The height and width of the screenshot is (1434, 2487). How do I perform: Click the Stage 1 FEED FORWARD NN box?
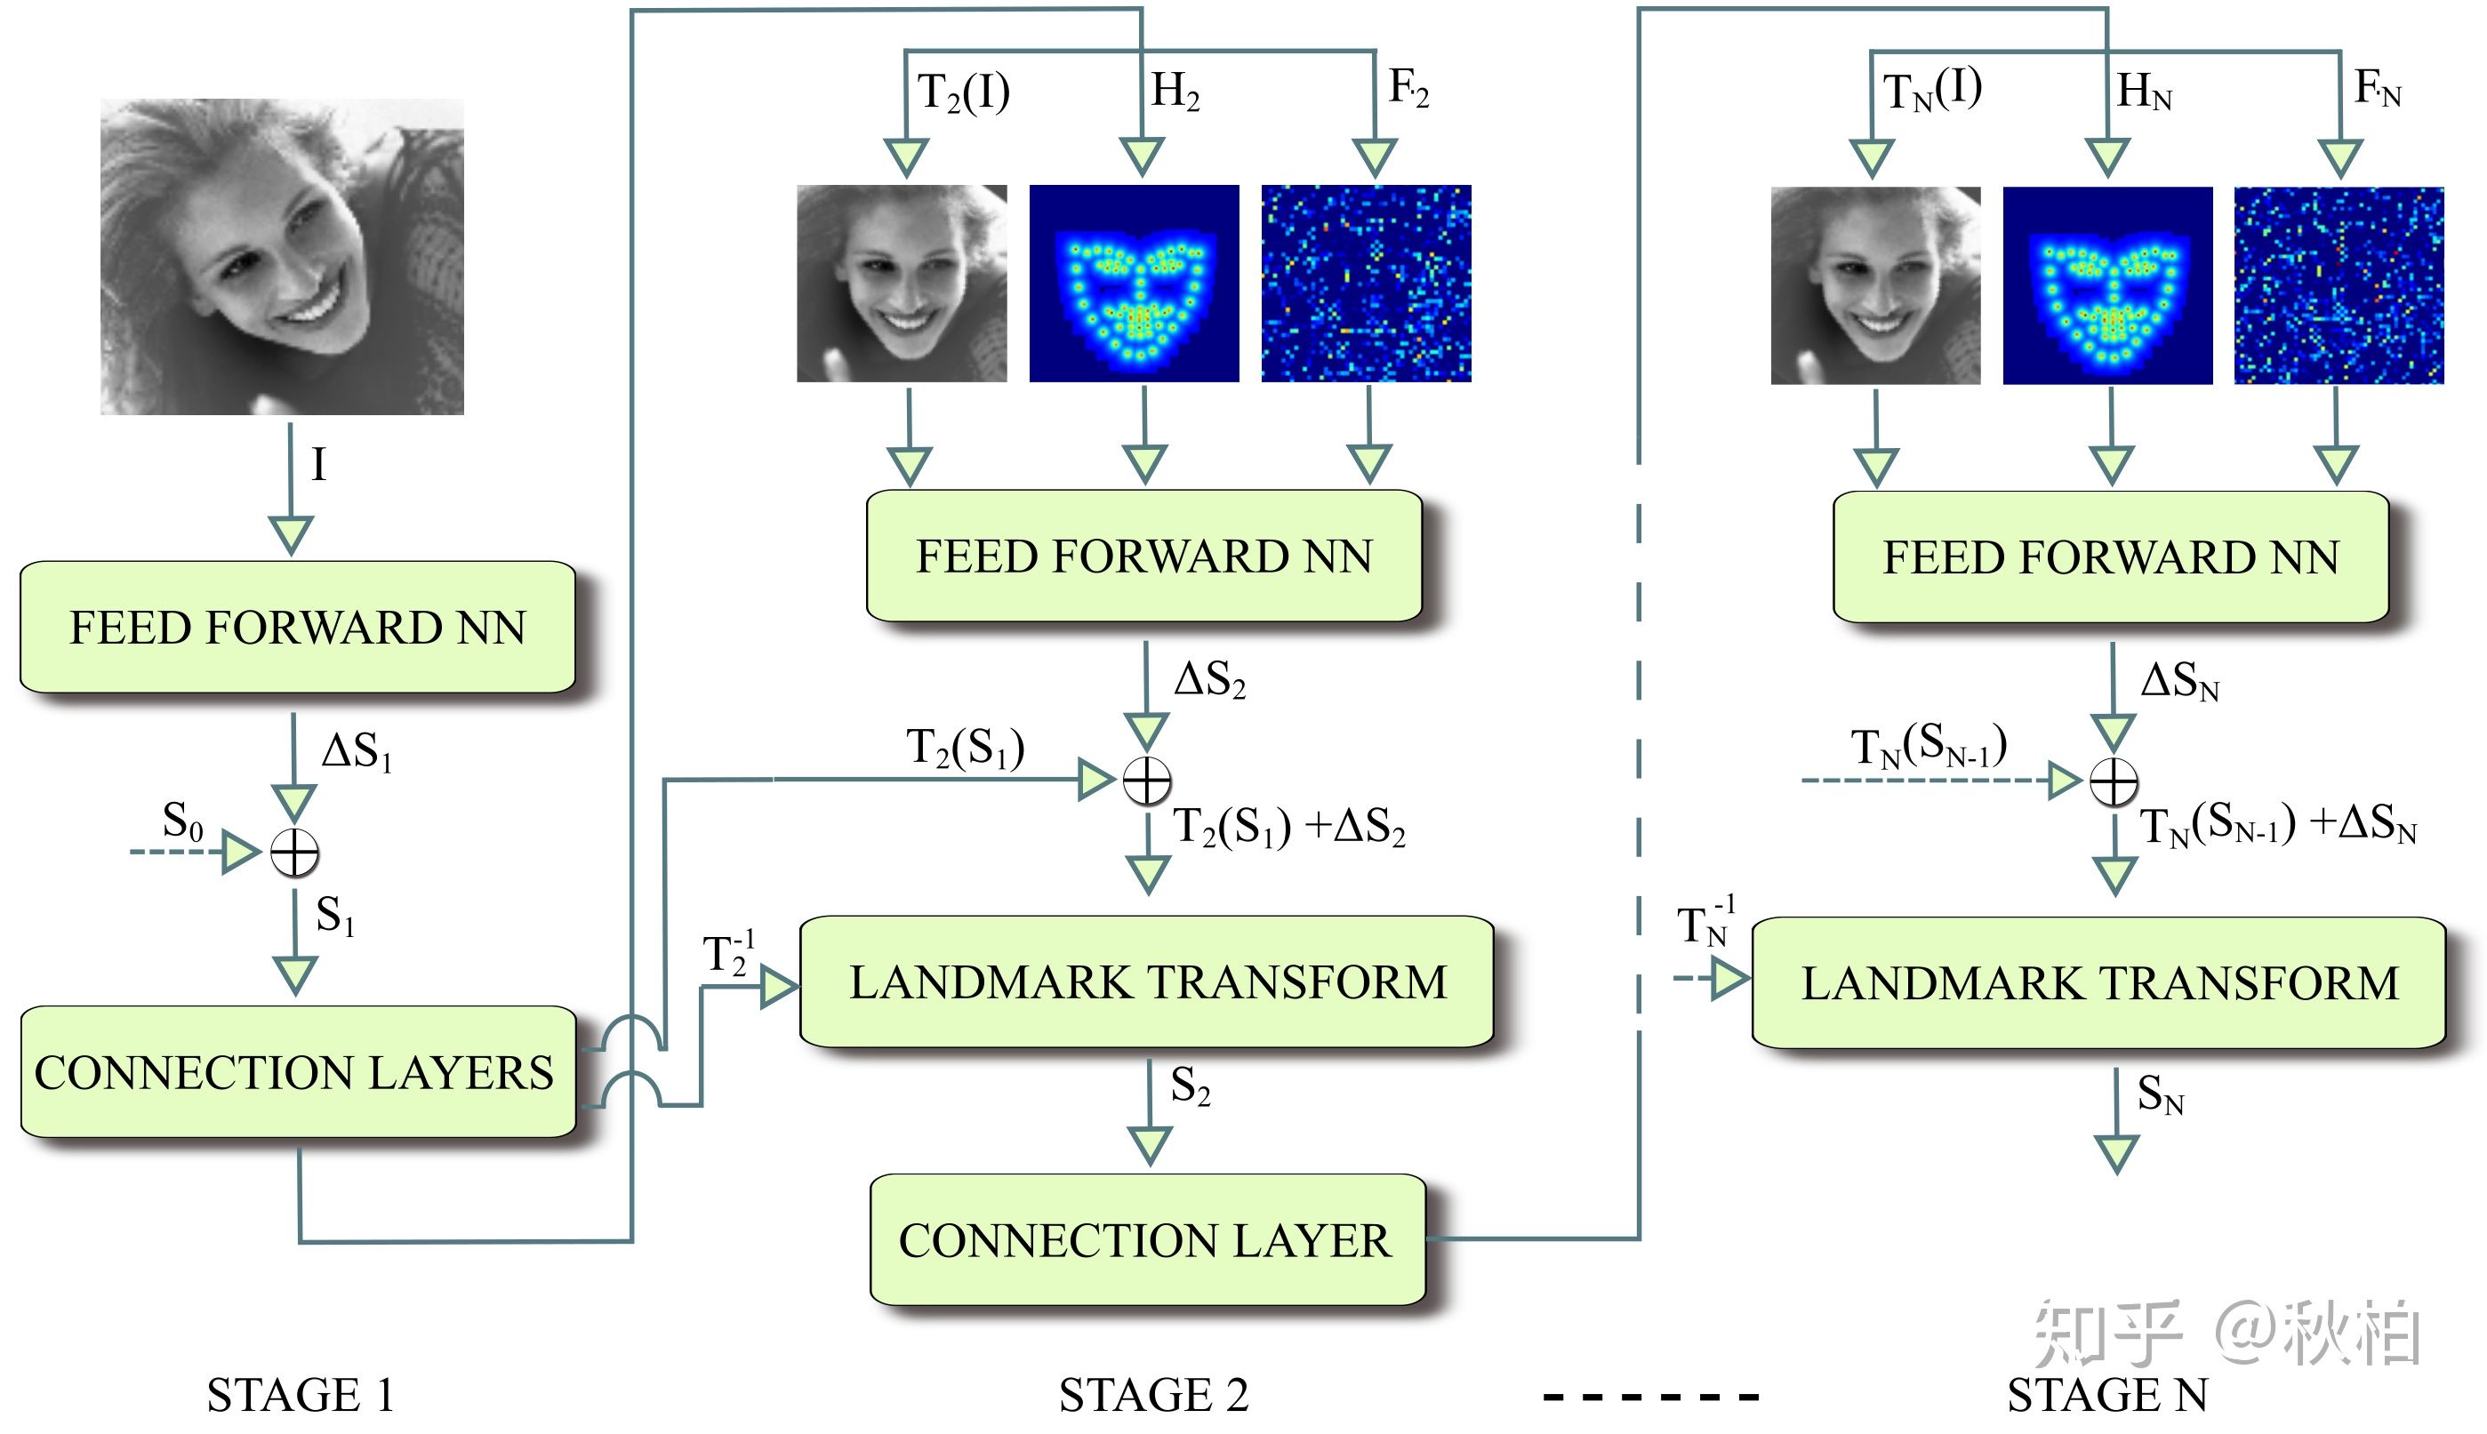298,628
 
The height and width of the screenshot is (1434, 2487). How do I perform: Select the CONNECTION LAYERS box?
298,1071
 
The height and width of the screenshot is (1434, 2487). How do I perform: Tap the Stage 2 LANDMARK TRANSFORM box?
1146,982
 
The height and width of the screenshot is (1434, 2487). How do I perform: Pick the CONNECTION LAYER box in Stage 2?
1146,1240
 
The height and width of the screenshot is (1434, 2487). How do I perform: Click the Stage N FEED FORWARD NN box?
2110,557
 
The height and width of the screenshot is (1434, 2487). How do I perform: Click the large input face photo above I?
282,256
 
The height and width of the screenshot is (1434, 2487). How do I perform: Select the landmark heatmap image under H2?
1134,284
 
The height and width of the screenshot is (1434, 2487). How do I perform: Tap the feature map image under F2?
1366,284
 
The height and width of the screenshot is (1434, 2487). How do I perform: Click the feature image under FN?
2339,285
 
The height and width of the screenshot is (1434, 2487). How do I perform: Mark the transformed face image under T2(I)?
902,284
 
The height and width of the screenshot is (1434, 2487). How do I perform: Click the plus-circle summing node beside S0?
294,852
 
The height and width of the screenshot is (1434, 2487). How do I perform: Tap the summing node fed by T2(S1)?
1147,781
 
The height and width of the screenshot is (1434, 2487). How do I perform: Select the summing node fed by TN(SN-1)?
2114,782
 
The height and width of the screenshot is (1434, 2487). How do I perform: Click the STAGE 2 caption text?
1153,1395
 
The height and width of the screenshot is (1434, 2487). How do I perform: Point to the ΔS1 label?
357,752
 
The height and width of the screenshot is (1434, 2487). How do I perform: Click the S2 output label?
1190,1086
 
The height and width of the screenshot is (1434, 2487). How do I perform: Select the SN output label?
2160,1095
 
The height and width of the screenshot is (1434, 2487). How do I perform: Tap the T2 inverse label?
728,953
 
